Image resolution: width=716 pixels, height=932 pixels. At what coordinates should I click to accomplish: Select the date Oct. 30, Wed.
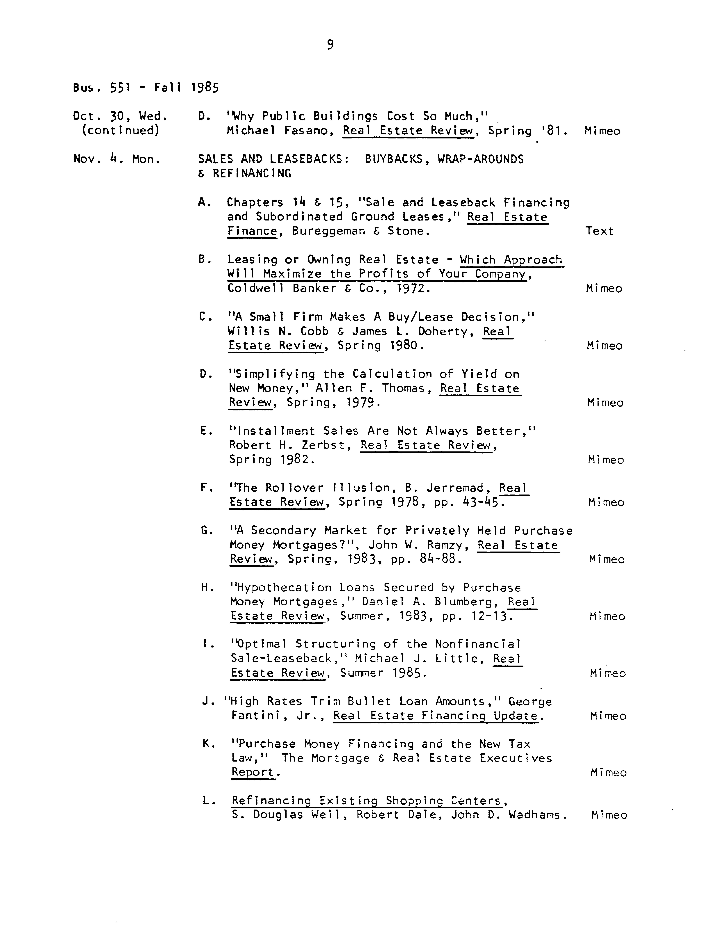coord(120,116)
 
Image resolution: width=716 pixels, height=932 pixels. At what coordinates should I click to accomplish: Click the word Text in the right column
coord(599,231)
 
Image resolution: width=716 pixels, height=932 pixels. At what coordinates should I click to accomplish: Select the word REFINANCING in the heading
coord(252,174)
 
